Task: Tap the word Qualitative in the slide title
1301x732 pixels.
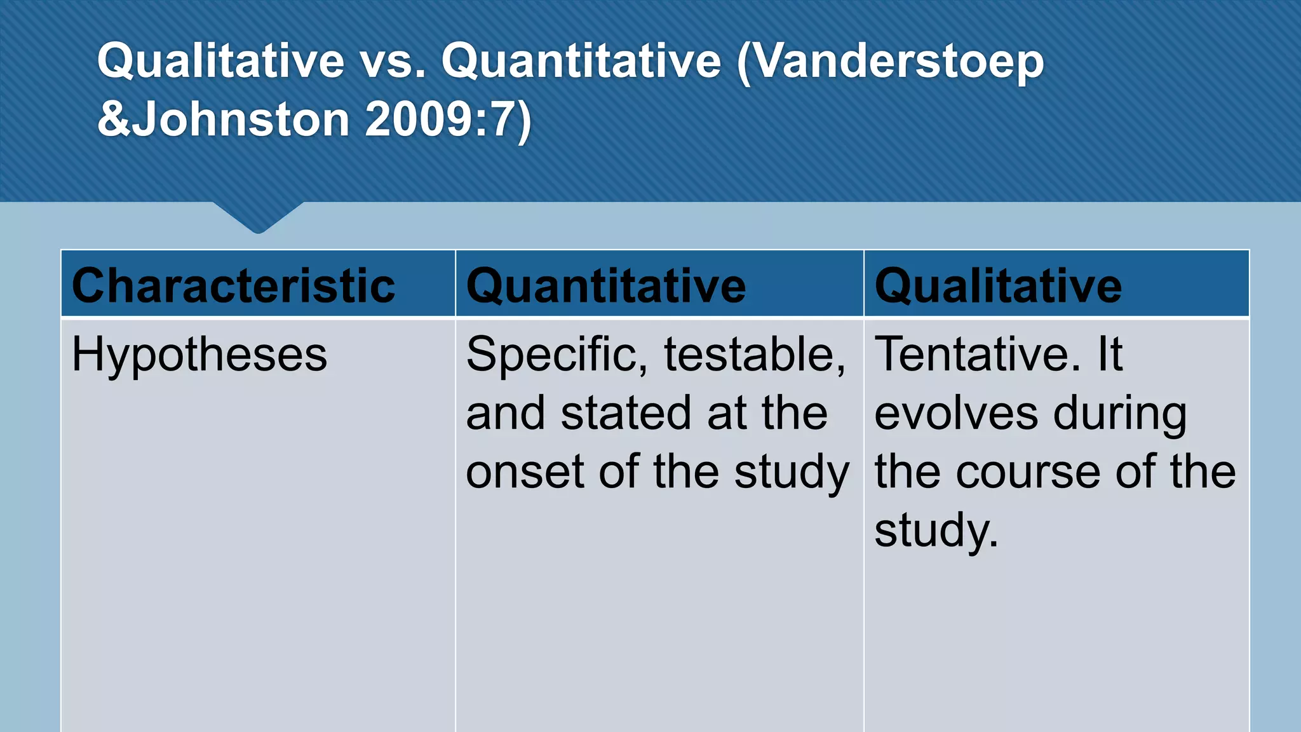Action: click(220, 62)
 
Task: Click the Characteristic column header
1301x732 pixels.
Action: click(233, 285)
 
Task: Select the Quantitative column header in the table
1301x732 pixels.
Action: click(606, 285)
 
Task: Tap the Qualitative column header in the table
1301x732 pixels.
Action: click(998, 285)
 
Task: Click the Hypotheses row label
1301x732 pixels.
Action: click(199, 354)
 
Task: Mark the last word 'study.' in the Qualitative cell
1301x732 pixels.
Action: click(936, 531)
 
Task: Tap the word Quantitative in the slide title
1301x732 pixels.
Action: click(582, 62)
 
